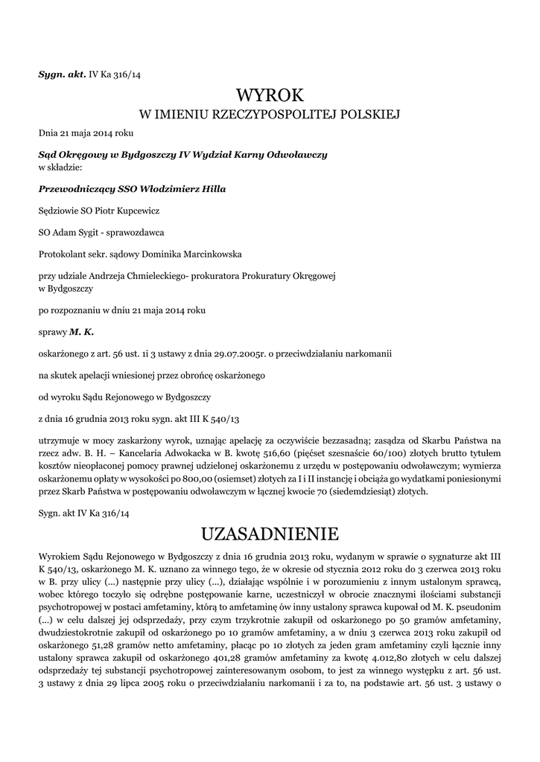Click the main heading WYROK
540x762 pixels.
click(270, 95)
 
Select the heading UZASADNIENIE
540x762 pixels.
click(270, 534)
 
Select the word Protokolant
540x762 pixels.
click(61, 254)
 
